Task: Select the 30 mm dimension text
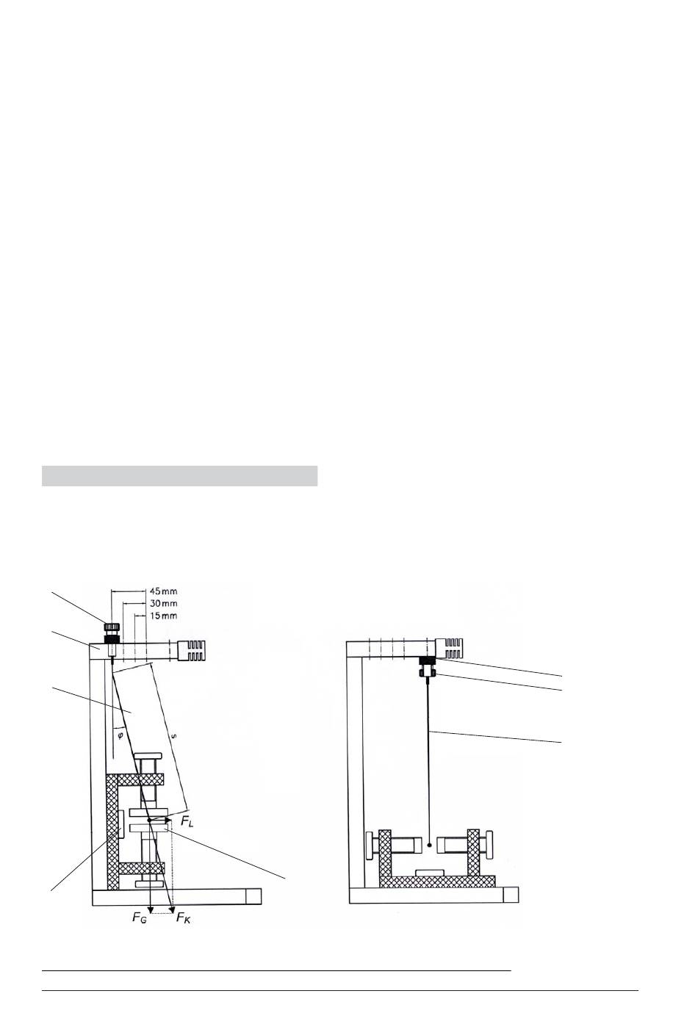(162, 602)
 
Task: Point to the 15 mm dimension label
(162, 615)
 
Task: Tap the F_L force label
(187, 823)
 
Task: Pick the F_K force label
(183, 918)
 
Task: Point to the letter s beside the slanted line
(173, 735)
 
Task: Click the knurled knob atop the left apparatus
(112, 628)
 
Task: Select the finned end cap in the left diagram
(194, 650)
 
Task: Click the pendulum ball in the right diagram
(428, 846)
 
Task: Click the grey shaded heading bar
(179, 475)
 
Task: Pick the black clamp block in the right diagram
(426, 661)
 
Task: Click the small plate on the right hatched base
(429, 872)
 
